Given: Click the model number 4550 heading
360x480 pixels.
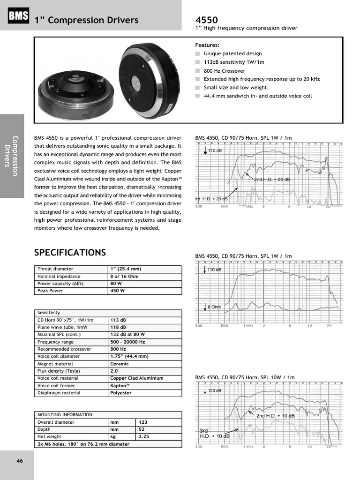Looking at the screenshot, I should (x=206, y=20).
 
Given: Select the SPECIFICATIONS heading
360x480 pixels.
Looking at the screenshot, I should (x=70, y=253).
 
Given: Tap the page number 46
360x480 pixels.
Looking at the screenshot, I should (x=20, y=461).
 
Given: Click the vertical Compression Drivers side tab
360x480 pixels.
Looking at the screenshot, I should (x=12, y=156).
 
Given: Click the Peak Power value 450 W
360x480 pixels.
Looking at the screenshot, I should (x=117, y=291).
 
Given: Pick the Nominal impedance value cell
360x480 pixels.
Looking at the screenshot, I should (x=124, y=276).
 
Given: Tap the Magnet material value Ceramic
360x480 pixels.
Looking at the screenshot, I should (x=119, y=364).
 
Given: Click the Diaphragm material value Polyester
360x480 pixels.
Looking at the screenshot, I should (x=121, y=393).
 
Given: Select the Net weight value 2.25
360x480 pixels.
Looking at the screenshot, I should (x=143, y=436).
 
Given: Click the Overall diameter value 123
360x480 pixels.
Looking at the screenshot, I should (x=143, y=422).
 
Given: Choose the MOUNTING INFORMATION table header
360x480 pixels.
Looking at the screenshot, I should (x=65, y=414).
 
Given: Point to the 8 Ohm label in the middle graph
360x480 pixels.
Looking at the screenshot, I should (x=214, y=307).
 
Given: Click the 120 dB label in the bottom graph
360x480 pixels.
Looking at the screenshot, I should (x=215, y=390).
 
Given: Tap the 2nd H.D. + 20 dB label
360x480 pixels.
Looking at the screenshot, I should (x=272, y=180).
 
